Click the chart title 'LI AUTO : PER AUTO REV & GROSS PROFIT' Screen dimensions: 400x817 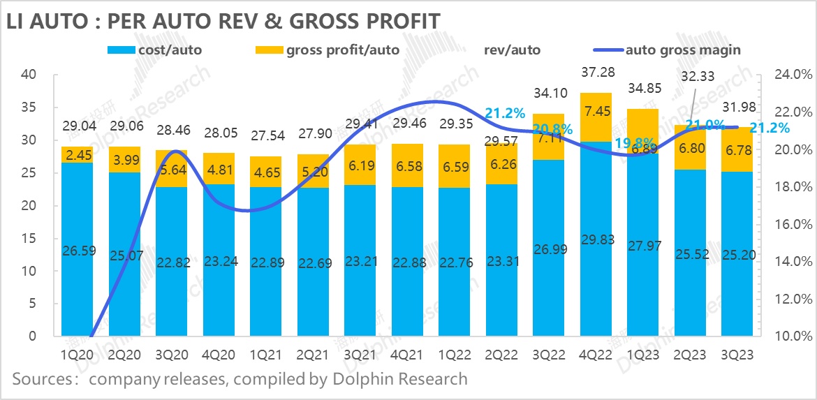click(223, 21)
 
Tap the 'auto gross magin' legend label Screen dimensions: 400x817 click(683, 50)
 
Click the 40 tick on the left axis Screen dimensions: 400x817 click(29, 75)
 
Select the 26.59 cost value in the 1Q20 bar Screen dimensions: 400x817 click(78, 249)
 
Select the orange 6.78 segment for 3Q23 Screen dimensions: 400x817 click(737, 149)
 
